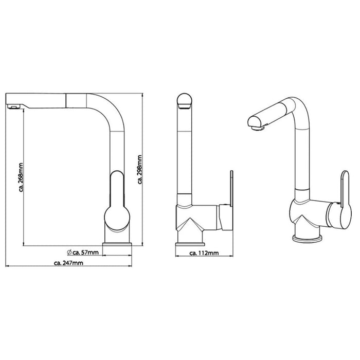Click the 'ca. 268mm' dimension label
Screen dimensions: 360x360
coord(21,177)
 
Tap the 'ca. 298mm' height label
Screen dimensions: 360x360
coord(140,169)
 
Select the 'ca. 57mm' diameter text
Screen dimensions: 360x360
coord(86,253)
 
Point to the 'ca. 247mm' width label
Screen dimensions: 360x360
coord(68,263)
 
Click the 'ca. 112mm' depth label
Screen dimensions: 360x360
coord(204,253)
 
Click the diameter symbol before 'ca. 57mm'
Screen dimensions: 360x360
coord(69,253)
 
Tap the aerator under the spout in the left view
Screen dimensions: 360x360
coord(13,106)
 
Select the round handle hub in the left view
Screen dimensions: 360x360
coord(117,218)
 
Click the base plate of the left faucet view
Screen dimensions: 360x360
coord(117,244)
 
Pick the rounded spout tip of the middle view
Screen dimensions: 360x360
coord(185,101)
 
